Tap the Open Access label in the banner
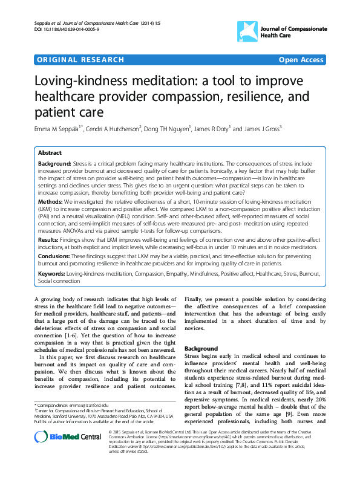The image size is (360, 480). (301, 60)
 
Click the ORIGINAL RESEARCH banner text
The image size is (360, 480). (81, 60)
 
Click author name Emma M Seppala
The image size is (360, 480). (57, 129)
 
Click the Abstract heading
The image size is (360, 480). (50, 153)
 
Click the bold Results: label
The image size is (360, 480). (49, 239)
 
